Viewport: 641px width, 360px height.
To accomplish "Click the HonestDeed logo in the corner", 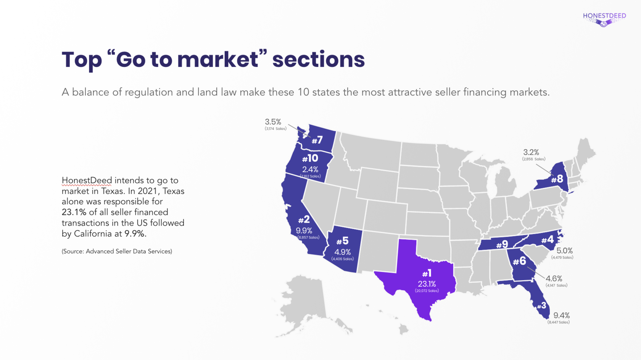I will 604,19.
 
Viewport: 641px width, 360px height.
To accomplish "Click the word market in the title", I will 217,60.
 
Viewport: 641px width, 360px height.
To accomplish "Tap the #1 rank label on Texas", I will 427,273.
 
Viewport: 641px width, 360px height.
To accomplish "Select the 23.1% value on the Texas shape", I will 427,284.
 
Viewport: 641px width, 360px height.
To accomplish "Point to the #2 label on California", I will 304,220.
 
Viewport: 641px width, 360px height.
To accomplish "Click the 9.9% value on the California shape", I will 304,231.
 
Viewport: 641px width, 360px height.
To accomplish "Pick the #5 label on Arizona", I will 342,241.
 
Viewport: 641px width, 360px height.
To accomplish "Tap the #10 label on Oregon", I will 310,158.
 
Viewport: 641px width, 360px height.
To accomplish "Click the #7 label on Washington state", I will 317,140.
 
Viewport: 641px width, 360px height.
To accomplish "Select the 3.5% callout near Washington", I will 273,122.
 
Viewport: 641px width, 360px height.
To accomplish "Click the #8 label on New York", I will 557,179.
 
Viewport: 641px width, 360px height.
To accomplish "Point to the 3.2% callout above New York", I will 531,152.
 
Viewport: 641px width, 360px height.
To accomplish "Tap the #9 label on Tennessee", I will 502,244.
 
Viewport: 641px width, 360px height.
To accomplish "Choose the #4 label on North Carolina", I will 548,240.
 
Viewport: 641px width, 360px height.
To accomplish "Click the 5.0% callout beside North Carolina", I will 564,251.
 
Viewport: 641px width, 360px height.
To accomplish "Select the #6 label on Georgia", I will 519,261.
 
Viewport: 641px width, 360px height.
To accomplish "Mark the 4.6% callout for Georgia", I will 554,279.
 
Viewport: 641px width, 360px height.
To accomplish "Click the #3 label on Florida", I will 541,305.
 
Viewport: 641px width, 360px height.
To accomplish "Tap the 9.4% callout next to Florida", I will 561,315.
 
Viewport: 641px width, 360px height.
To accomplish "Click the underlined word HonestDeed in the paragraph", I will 87,180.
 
